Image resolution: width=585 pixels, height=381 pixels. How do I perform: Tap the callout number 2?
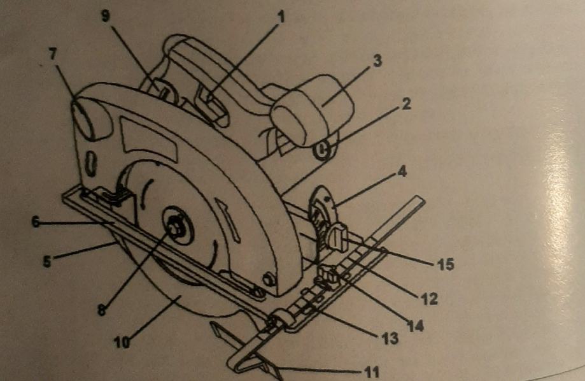[405, 105]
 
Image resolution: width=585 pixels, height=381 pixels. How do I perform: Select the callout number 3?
[377, 61]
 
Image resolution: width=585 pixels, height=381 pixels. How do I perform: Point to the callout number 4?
[403, 171]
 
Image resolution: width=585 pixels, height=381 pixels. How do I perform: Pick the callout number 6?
[35, 223]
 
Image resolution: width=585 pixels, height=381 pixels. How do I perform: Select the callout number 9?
[106, 17]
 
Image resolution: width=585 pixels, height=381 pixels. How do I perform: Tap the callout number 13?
[390, 338]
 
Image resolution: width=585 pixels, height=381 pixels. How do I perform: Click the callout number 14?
[416, 326]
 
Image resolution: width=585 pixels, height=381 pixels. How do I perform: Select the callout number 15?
[446, 264]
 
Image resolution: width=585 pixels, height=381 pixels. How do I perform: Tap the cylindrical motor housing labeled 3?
[312, 111]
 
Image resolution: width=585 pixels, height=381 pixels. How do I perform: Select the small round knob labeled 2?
[323, 150]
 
